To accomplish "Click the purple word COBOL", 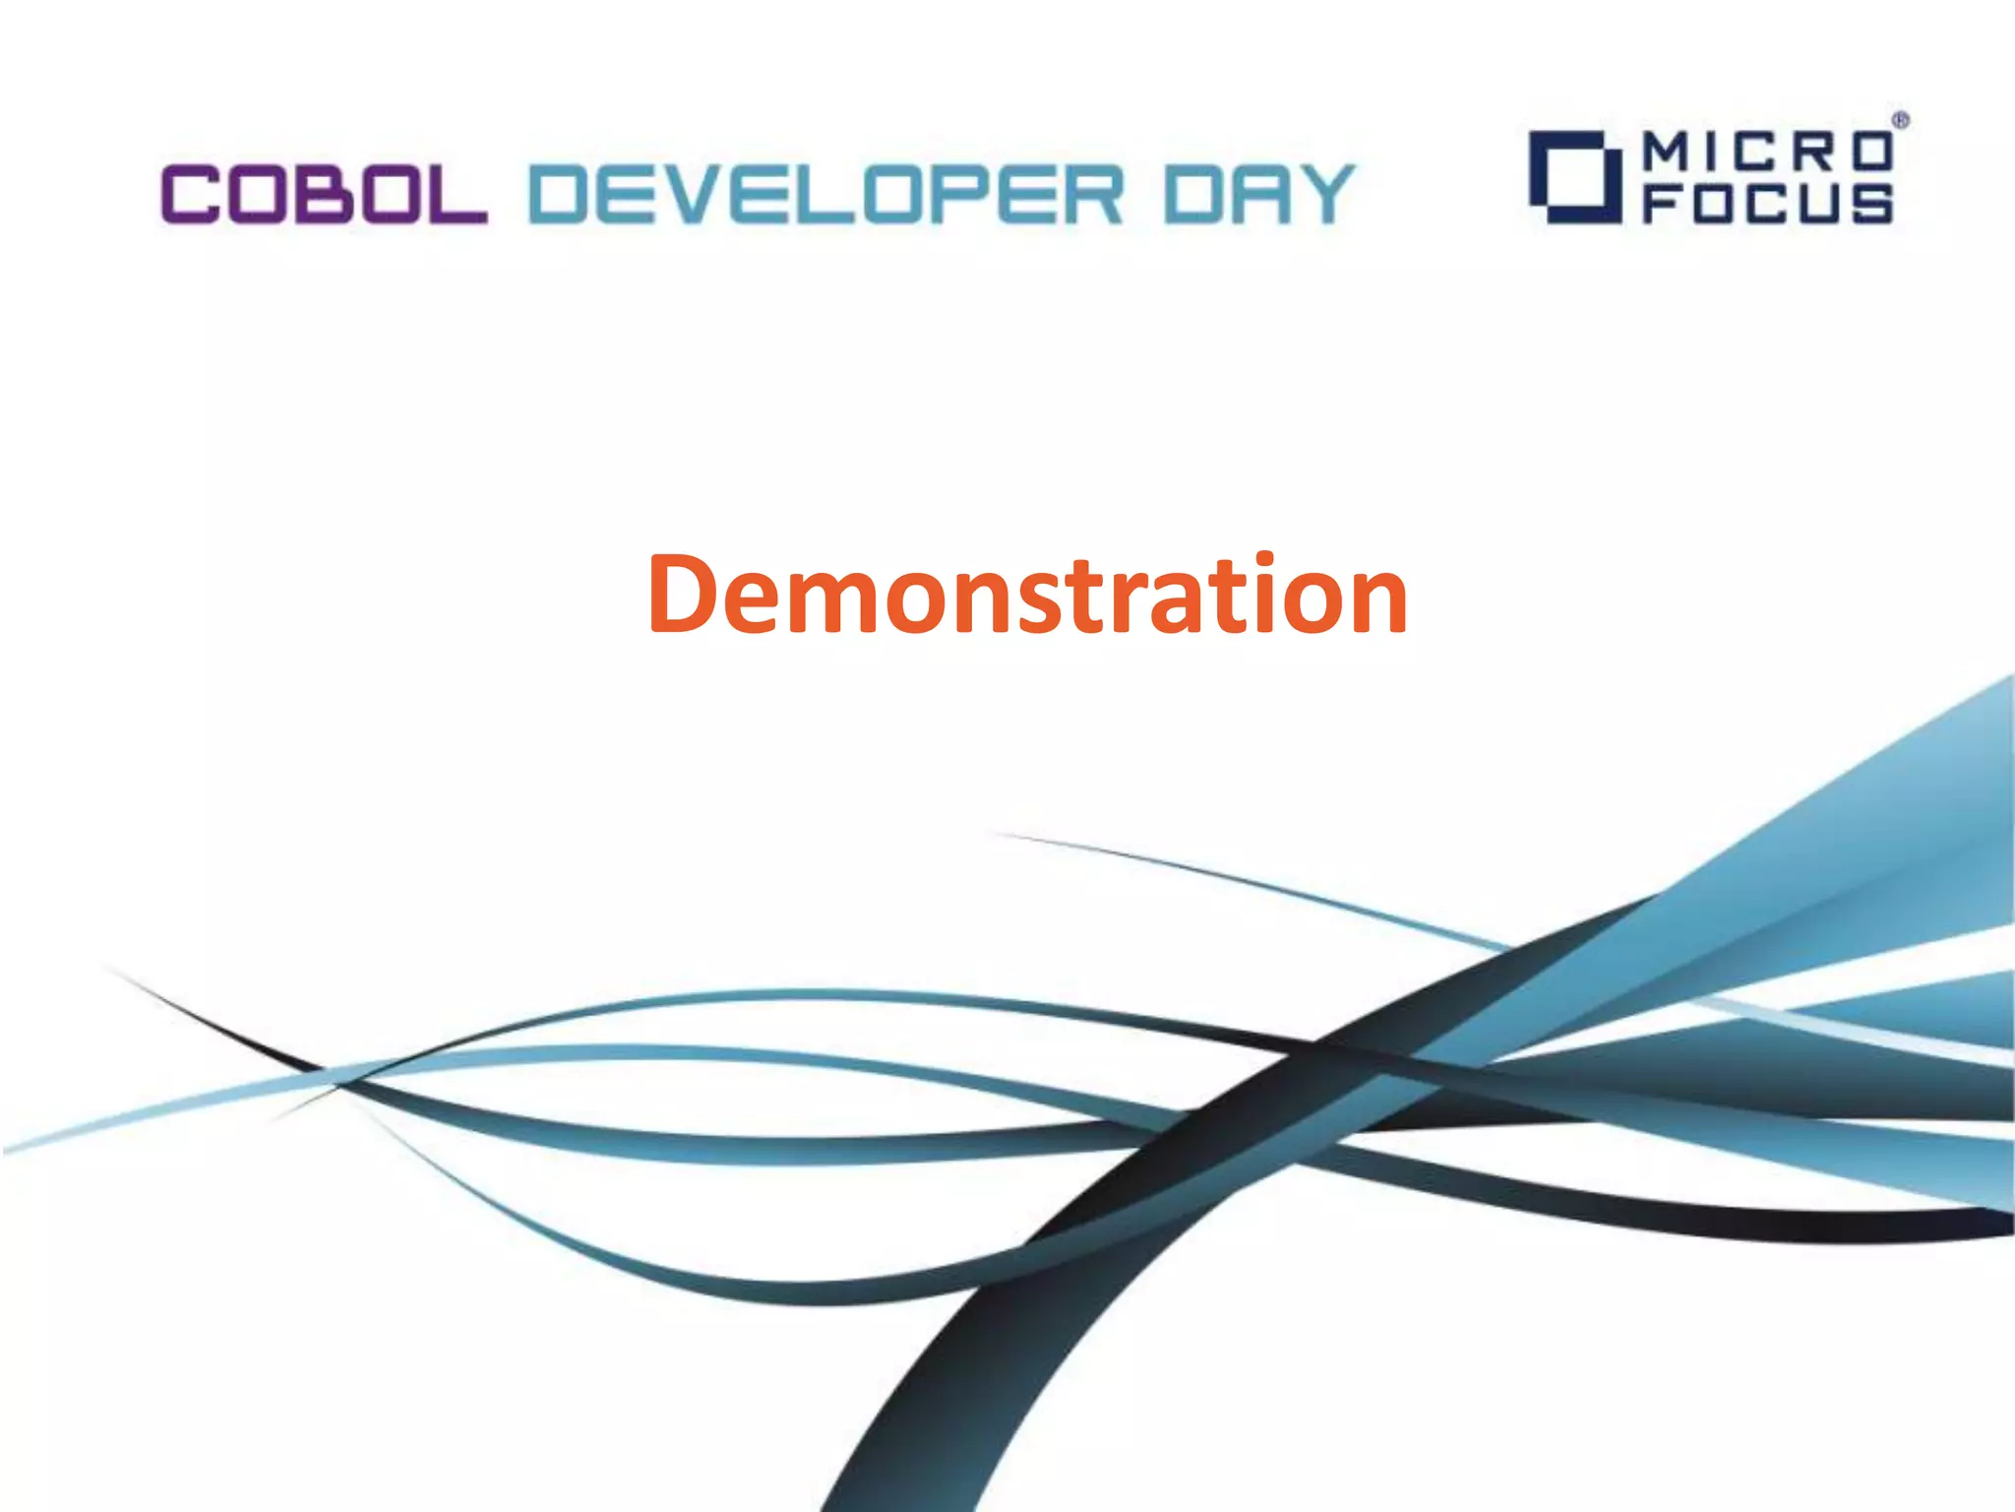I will point(324,194).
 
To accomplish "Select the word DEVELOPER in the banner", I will point(825,194).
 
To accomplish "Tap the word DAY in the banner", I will point(1260,194).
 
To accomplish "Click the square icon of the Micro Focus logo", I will point(1573,178).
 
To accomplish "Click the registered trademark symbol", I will point(1901,121).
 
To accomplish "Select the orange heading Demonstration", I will point(1027,595).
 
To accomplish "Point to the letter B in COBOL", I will point(324,194).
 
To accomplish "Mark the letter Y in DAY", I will point(1322,194).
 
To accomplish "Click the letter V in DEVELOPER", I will point(690,194).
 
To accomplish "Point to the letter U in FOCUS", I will point(1819,204).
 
